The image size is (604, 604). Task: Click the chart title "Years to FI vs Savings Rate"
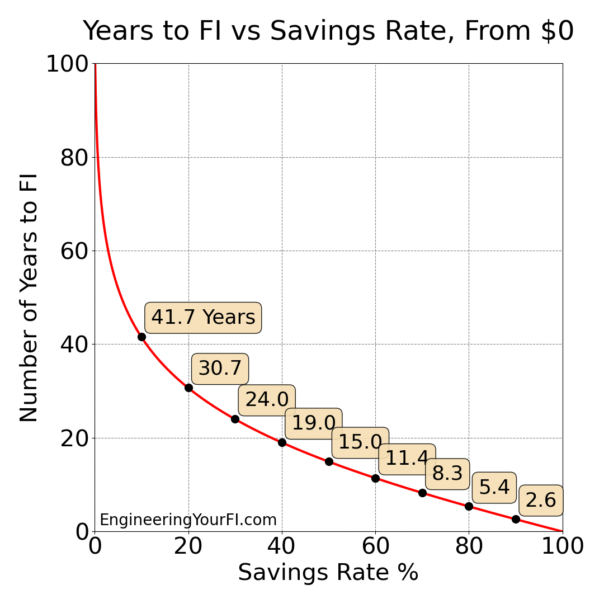pyautogui.click(x=328, y=31)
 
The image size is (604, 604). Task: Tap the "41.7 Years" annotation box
pyautogui.click(x=203, y=318)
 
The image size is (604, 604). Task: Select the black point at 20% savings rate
pyautogui.click(x=188, y=388)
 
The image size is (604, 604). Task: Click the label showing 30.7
pyautogui.click(x=220, y=369)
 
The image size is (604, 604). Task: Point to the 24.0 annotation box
pyautogui.click(x=267, y=400)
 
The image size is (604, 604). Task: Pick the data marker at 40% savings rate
pyautogui.click(x=282, y=442)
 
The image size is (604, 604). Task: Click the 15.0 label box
pyautogui.click(x=360, y=442)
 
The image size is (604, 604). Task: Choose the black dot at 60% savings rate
pyautogui.click(x=375, y=478)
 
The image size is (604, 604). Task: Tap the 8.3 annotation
pyautogui.click(x=447, y=474)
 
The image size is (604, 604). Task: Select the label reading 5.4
pyautogui.click(x=494, y=488)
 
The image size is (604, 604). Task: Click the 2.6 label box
pyautogui.click(x=541, y=501)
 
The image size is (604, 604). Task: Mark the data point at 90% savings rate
pyautogui.click(x=516, y=519)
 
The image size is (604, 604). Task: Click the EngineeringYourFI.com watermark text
pyautogui.click(x=188, y=520)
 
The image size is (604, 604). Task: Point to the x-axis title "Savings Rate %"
pyautogui.click(x=328, y=573)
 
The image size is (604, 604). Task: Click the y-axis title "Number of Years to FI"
pyautogui.click(x=29, y=298)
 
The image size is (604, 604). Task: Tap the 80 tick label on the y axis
pyautogui.click(x=74, y=158)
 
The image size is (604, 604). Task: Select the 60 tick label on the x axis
pyautogui.click(x=375, y=546)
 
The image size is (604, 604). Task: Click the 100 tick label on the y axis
pyautogui.click(x=68, y=64)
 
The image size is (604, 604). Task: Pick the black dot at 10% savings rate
pyautogui.click(x=141, y=337)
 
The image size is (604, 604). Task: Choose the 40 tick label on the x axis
pyautogui.click(x=282, y=546)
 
